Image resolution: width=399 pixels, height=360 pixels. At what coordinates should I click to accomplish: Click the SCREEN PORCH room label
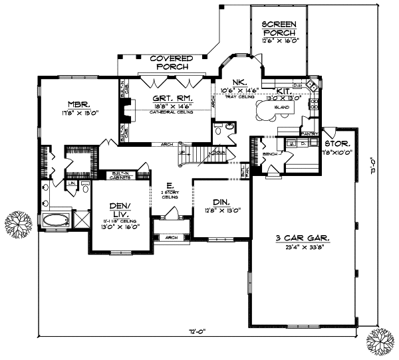280,28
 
